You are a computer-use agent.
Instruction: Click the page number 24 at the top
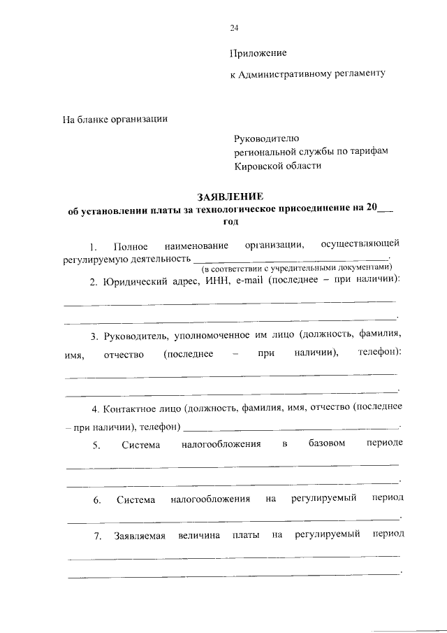(x=234, y=28)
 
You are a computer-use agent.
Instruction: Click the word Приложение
(x=258, y=53)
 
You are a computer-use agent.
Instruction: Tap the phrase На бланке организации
(x=115, y=119)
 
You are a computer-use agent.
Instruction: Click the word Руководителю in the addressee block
(x=266, y=138)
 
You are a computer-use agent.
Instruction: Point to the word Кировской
(x=260, y=165)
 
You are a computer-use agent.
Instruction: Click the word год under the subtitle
(x=230, y=220)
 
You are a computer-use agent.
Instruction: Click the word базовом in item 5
(x=326, y=444)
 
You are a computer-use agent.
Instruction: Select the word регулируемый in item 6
(x=325, y=499)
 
